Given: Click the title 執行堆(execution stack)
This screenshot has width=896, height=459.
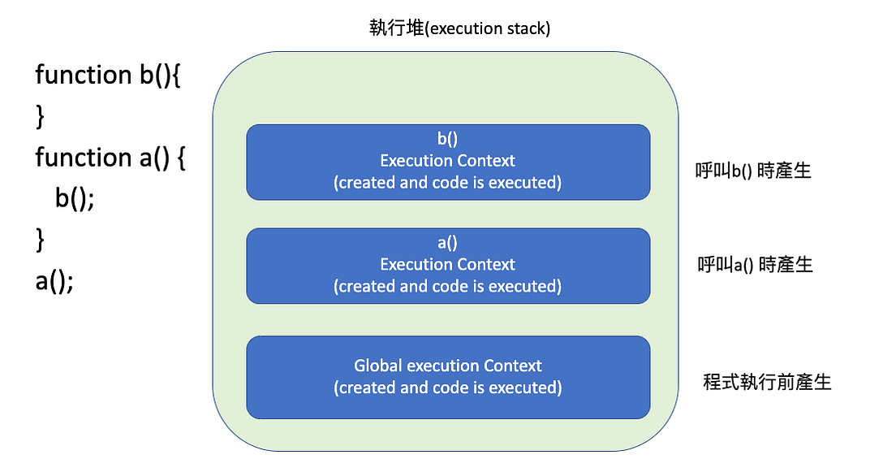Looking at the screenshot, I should (459, 28).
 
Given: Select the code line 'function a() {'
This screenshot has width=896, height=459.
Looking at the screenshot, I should (110, 157).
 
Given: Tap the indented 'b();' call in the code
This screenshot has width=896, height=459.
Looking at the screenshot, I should (75, 198).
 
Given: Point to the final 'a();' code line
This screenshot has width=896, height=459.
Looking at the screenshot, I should (54, 283).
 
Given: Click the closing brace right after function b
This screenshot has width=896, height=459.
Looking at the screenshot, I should (41, 116).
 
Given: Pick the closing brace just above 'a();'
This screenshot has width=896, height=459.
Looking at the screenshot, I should (41, 240).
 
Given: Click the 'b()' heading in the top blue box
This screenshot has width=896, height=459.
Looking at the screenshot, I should (447, 139).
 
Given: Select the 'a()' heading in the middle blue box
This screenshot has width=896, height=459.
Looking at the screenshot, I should (447, 243).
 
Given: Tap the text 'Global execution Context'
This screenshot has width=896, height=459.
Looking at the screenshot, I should (447, 366).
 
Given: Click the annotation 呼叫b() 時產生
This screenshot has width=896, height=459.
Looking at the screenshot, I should (754, 171).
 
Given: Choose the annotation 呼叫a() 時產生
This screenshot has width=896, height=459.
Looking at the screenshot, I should (755, 265).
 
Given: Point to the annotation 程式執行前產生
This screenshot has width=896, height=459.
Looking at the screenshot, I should (767, 382).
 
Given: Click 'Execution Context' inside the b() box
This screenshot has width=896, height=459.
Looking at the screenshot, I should (447, 161).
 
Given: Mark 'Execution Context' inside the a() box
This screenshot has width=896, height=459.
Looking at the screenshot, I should (447, 264).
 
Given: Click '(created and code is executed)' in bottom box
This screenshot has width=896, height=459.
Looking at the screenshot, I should (447, 388).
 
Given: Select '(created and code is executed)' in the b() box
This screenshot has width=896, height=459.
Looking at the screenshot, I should (447, 182).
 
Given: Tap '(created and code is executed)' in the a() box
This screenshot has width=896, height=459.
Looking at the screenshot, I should (447, 286).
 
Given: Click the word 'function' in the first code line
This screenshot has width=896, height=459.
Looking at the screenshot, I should (78, 75).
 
